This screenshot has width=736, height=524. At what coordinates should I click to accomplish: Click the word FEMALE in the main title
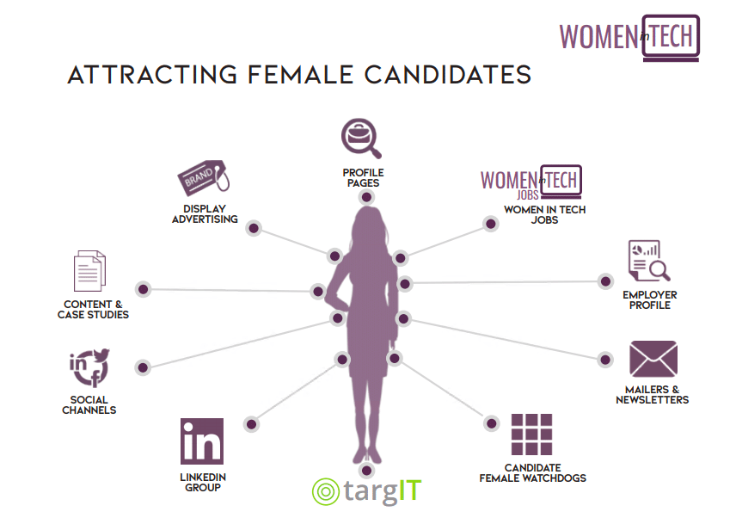300,75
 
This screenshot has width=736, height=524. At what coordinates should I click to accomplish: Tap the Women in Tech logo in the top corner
629,38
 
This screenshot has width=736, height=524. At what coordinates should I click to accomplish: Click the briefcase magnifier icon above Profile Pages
361,138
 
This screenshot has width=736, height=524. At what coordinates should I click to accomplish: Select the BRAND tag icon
203,178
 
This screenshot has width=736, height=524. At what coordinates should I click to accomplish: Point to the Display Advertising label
205,214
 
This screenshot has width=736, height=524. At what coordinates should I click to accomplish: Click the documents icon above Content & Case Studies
89,271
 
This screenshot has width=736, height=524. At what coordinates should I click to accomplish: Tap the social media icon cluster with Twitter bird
89,367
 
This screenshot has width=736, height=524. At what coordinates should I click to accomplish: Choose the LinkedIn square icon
202,441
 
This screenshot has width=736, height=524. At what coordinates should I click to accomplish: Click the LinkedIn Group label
203,482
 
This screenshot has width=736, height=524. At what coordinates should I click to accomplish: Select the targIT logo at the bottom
366,491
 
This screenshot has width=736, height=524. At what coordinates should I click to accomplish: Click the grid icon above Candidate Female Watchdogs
531,435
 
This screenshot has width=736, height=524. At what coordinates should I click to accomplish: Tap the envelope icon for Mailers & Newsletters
653,359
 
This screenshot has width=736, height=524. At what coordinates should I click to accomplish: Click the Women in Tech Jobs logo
531,182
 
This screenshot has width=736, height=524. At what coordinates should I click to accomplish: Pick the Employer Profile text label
650,300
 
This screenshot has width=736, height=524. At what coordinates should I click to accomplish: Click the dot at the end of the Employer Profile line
605,281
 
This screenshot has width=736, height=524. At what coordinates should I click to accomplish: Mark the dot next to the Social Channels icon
143,367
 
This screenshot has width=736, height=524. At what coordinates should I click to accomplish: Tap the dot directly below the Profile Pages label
366,197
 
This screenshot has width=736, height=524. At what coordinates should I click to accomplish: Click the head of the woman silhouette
370,225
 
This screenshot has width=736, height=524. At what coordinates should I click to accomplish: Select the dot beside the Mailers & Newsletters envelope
605,360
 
